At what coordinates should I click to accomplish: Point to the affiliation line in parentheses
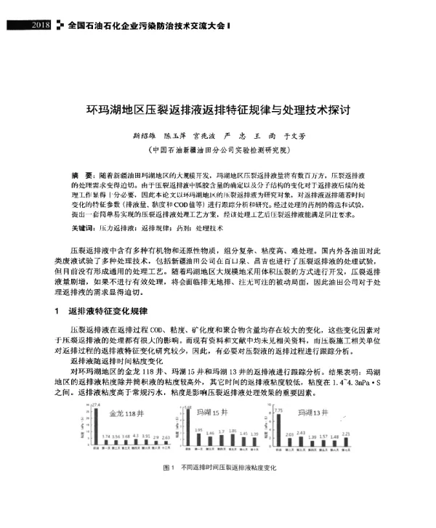coord(218,149)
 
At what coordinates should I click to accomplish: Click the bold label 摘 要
coord(81,176)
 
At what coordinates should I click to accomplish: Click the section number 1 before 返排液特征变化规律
coord(57,312)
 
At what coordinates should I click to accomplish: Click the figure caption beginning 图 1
coord(218,488)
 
